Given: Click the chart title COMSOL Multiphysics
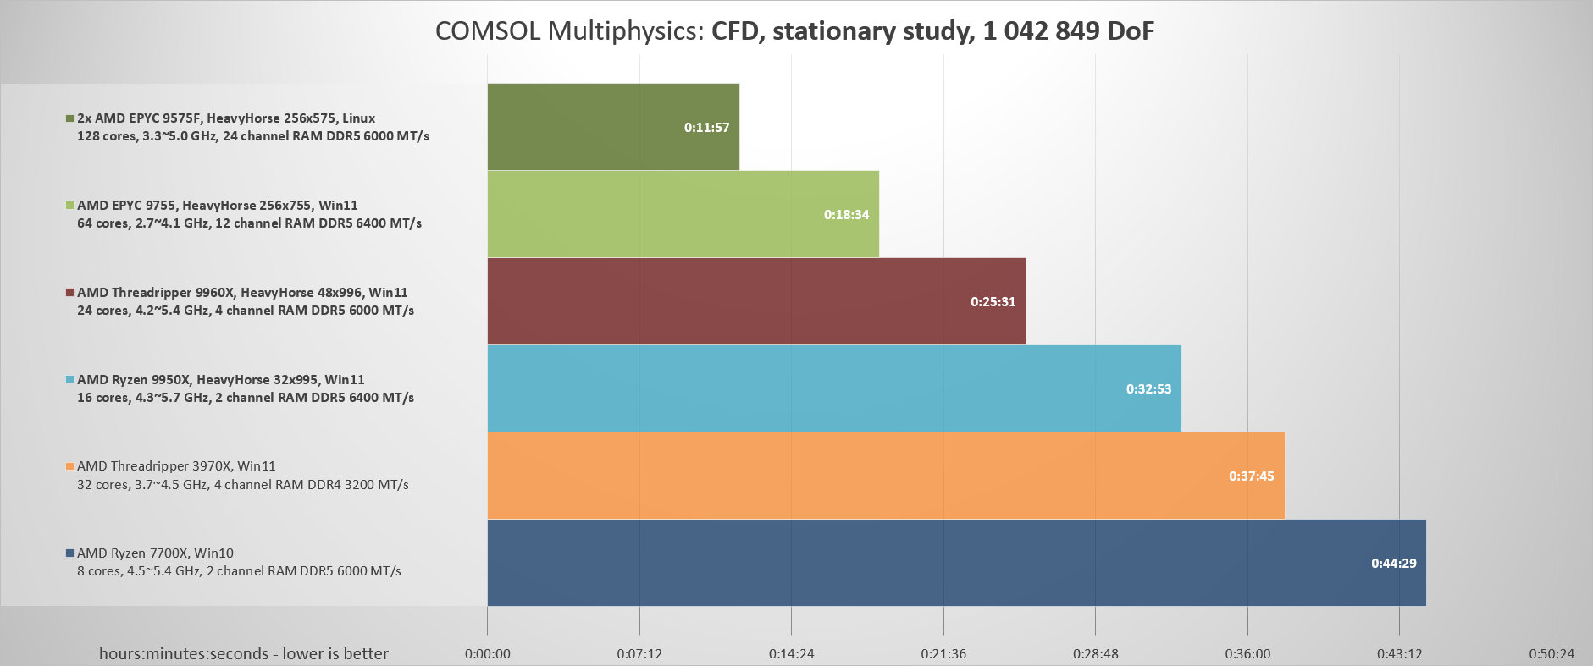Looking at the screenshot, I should (x=794, y=31).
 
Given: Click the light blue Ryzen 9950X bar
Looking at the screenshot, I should (x=805, y=388).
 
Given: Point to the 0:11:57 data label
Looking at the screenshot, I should (x=706, y=128).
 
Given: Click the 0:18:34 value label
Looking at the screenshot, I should (x=846, y=215).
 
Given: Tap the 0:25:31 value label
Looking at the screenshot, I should (x=993, y=302).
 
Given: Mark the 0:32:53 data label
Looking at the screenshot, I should (x=1148, y=389).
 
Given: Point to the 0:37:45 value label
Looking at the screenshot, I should (x=1251, y=476).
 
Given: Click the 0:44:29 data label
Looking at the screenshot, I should (x=1393, y=564).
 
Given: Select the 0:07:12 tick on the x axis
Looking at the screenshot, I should (x=639, y=653).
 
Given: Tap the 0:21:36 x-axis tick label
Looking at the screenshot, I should (x=943, y=653).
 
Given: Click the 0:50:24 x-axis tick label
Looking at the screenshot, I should (x=1552, y=653).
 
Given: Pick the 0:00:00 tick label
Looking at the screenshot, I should (x=487, y=653).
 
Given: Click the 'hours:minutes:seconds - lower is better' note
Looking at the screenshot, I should (x=244, y=653).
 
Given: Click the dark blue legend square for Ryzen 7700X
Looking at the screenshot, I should (x=69, y=553).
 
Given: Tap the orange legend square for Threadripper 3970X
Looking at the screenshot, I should (x=69, y=466).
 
